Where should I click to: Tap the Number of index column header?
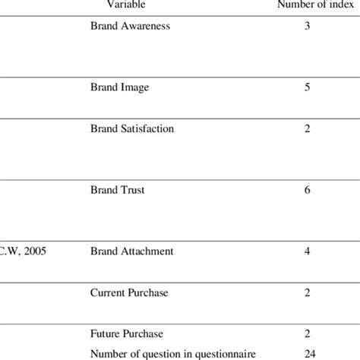click(x=308, y=4)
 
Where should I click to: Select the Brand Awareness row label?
click(x=130, y=26)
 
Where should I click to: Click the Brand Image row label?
click(x=119, y=87)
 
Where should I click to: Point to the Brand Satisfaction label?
click(x=132, y=128)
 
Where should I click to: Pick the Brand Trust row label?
click(x=117, y=190)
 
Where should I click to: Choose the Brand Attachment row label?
click(x=132, y=251)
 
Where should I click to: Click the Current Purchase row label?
click(x=129, y=292)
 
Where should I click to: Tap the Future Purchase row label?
click(x=127, y=333)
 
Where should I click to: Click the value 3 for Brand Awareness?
click(x=307, y=26)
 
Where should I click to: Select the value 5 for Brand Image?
click(x=307, y=87)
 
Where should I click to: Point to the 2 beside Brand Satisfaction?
click(x=307, y=128)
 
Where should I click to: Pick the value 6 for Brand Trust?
click(x=307, y=190)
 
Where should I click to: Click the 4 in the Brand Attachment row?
click(x=307, y=251)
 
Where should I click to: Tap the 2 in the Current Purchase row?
click(x=307, y=292)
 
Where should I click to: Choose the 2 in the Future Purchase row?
click(x=307, y=333)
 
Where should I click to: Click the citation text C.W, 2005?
click(x=23, y=251)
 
